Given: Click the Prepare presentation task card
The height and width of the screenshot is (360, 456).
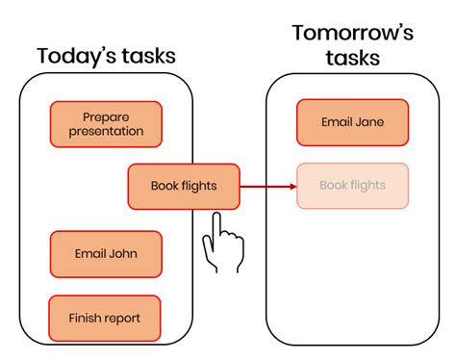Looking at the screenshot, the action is pos(106,124).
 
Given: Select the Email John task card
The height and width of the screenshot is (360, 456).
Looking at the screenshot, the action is pos(106,254).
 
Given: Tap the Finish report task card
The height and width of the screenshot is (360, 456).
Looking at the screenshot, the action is pos(105,318).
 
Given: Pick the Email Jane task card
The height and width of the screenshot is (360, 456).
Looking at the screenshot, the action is pos(352,122).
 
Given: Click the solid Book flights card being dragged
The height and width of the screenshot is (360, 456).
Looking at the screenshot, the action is pos(184,187).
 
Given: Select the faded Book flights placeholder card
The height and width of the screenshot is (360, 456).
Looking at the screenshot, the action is pos(352,186).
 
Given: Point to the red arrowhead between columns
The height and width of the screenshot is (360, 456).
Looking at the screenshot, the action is pos(293,187).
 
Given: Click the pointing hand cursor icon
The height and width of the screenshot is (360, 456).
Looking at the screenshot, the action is pos(223,243).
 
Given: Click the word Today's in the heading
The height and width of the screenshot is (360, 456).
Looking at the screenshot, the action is pos(76,56).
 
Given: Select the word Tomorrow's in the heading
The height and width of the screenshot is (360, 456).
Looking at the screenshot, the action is pos(353,33).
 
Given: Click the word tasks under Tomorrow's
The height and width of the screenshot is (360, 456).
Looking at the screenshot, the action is pos(353,58).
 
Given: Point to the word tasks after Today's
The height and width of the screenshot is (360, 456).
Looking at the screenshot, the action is pos(148,56).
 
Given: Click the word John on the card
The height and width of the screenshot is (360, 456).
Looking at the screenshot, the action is pos(123,254).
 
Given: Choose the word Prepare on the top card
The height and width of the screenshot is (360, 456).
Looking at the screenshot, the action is pos(106,117).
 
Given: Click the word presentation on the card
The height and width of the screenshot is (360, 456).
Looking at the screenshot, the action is pos(106,131).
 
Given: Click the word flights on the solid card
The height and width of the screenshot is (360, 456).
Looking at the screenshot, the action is pos(199,186).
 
